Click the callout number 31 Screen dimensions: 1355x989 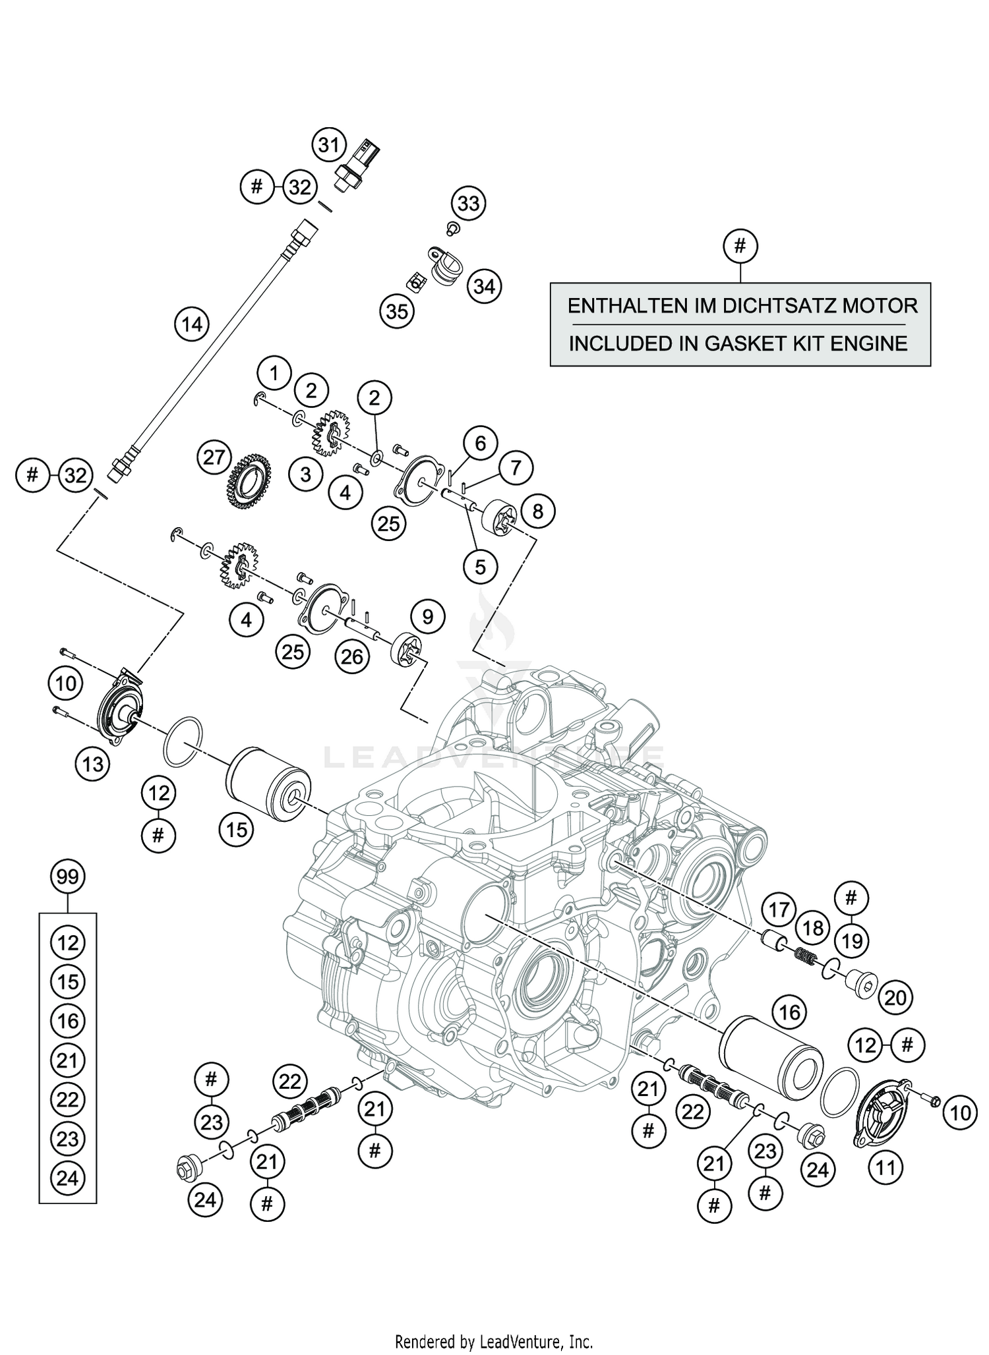click(x=329, y=145)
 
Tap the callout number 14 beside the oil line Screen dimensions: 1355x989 click(x=192, y=325)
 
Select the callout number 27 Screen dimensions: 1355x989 click(x=214, y=457)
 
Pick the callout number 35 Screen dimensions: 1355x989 click(x=397, y=310)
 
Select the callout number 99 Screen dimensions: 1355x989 click(x=68, y=877)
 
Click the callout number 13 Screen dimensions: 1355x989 click(x=93, y=764)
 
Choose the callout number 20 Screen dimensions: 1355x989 click(x=895, y=998)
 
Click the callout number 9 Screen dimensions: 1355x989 click(x=428, y=617)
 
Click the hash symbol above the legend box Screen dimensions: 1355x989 click(x=740, y=246)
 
